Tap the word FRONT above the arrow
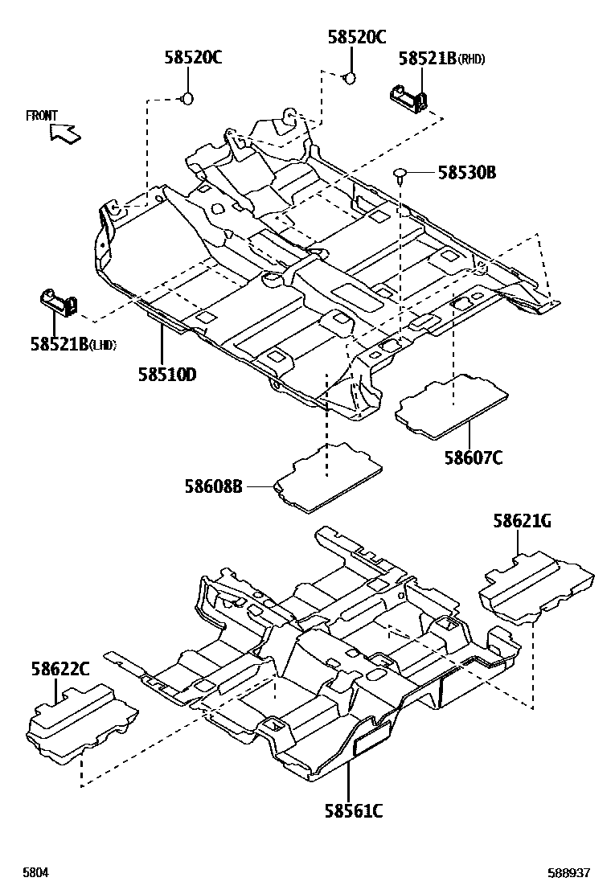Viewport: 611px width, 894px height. coord(42,116)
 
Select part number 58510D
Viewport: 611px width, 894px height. coord(166,374)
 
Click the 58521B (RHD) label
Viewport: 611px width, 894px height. coord(441,58)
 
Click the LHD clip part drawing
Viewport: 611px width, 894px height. coord(59,303)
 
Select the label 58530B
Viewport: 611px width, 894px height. coord(466,172)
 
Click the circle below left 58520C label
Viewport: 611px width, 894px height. coord(187,99)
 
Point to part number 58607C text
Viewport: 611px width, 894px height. coord(474,457)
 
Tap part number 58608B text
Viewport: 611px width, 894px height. coord(213,486)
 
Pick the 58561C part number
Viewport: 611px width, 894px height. coord(353,811)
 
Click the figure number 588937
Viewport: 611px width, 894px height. coord(569,873)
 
